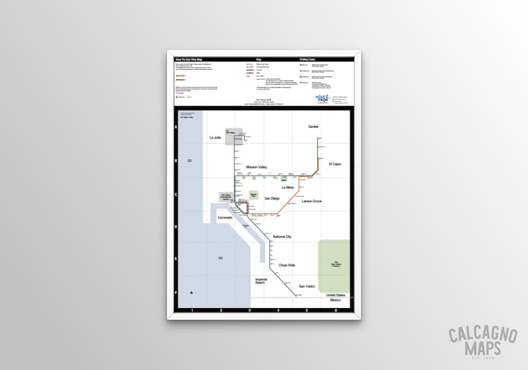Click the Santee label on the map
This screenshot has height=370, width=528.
(313, 126)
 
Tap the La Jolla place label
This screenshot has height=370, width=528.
(214, 138)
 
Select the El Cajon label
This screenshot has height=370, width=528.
(334, 163)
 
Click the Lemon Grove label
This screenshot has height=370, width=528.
(311, 201)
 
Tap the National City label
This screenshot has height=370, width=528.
(282, 237)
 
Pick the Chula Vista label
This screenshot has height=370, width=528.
(287, 265)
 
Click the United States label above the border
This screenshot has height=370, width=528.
(336, 295)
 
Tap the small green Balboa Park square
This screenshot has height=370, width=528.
(253, 196)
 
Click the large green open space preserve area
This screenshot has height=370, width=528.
(334, 266)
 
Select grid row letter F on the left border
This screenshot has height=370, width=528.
(176, 291)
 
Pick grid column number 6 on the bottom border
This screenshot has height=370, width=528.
(336, 310)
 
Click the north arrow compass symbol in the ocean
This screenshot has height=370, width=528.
(192, 292)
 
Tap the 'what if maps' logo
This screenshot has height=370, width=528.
(322, 98)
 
